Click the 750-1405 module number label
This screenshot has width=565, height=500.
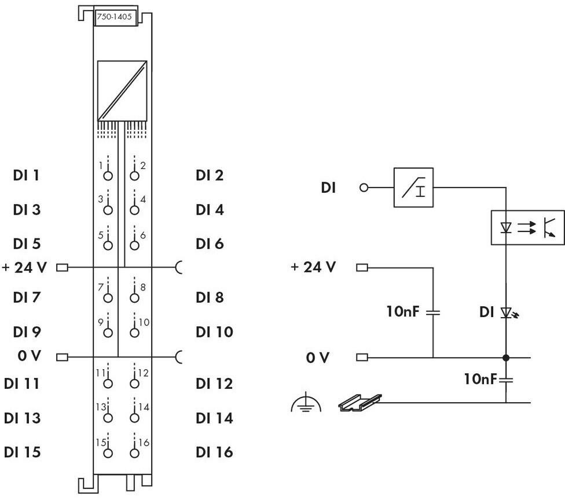(114, 17)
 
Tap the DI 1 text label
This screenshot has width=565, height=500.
(26, 175)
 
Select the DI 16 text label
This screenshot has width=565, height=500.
(214, 453)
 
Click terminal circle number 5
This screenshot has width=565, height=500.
(108, 245)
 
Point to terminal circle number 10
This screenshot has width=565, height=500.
(134, 333)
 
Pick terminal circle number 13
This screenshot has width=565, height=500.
(108, 418)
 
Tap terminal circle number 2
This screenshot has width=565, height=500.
(134, 176)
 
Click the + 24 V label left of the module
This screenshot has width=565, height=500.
(24, 267)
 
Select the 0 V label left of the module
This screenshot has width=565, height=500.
(29, 356)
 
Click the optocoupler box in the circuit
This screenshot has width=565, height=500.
(528, 227)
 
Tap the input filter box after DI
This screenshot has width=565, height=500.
(413, 187)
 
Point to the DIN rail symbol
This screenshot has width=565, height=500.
(359, 402)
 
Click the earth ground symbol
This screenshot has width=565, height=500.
(306, 403)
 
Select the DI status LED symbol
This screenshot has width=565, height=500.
(509, 312)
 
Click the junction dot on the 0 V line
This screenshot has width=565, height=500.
(506, 358)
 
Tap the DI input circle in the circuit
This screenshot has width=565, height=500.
(364, 187)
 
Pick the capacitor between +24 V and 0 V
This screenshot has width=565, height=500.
(433, 312)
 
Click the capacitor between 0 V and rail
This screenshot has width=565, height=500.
(506, 379)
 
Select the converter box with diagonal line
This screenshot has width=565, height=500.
(122, 91)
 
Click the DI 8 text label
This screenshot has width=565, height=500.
(210, 297)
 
